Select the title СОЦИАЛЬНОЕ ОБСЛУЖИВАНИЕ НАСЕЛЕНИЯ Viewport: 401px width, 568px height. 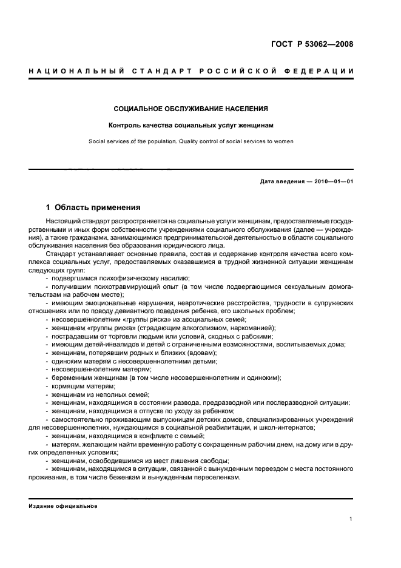point(191,109)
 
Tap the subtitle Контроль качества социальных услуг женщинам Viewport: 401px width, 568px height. point(191,126)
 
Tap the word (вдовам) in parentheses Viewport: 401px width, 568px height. point(201,353)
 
